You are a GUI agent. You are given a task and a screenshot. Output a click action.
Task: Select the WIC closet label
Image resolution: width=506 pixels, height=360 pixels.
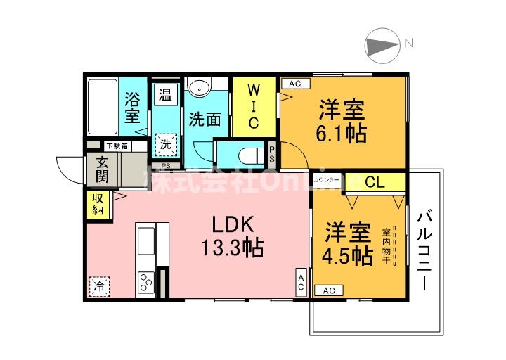[254, 106]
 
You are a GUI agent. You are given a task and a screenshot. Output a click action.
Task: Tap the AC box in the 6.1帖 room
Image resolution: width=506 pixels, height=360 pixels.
[295, 84]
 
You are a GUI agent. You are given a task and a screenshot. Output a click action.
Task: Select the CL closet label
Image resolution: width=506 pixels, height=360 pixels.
[375, 182]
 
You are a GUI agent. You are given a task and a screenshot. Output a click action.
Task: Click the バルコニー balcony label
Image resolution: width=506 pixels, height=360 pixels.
[426, 250]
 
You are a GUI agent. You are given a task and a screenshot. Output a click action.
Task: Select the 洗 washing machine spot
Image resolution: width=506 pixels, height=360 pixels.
[165, 145]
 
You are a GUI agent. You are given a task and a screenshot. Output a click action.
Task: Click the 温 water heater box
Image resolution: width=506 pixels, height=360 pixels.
[166, 94]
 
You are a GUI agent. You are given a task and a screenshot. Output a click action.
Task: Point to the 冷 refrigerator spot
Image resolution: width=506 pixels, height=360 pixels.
[100, 286]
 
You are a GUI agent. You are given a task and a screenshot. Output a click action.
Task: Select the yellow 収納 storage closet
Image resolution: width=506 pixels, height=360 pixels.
[98, 205]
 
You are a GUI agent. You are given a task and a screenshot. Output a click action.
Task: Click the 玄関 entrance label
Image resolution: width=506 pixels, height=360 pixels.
[102, 169]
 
